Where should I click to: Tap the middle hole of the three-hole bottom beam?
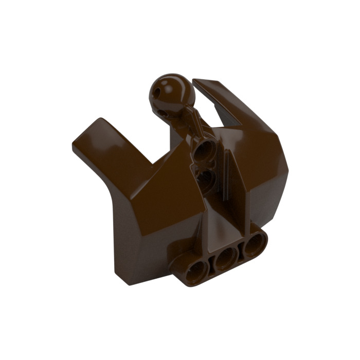[x=224, y=260]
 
